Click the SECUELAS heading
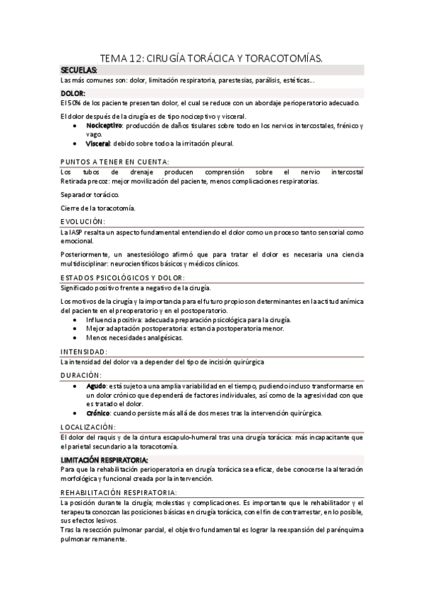pyautogui.click(x=79, y=71)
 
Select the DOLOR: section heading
pyautogui.click(x=73, y=93)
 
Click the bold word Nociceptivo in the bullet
pyautogui.click(x=104, y=126)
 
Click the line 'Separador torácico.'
pyautogui.click(x=90, y=194)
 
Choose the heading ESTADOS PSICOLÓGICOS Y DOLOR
pyautogui.click(x=124, y=278)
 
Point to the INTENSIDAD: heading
pyautogui.click(x=84, y=351)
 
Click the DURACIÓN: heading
pyautogui.click(x=81, y=375)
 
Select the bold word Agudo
pyautogui.click(x=95, y=386)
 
